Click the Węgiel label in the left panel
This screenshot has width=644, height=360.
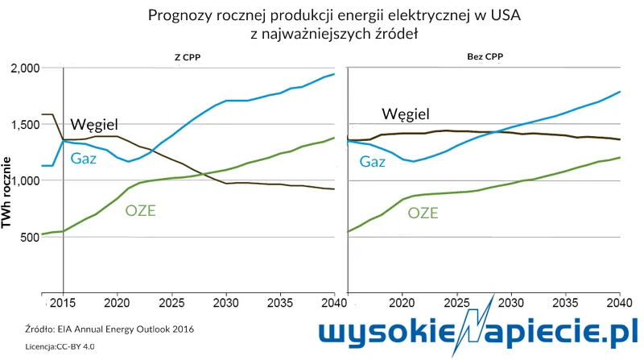[x=95, y=124]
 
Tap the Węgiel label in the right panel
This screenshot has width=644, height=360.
[x=406, y=114]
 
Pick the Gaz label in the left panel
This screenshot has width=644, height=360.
[x=84, y=158]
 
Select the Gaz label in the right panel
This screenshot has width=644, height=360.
[x=372, y=162]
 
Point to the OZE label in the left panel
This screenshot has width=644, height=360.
[x=140, y=211]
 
